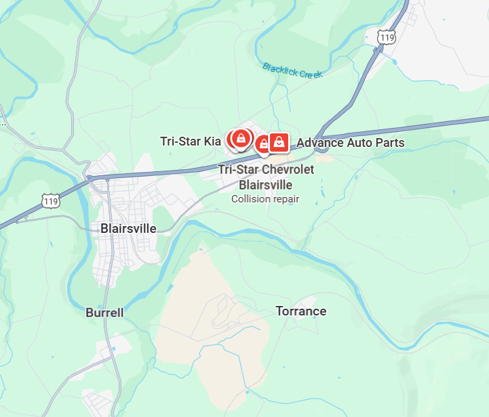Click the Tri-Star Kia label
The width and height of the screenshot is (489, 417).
pos(191,141)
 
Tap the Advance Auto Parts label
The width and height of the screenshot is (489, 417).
pos(351,143)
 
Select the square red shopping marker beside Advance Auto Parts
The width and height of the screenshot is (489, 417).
pos(278,142)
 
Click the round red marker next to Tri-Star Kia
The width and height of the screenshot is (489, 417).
pos(239,139)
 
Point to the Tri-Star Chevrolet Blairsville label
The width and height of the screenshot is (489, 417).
pos(266,177)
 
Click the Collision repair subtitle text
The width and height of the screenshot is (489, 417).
pos(265,199)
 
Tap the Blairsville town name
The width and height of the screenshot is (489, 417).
pos(128,228)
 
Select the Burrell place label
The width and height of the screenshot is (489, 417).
pos(105,313)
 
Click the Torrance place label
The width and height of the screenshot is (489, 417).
pos(300,311)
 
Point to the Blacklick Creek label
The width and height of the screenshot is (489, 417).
pos(292,70)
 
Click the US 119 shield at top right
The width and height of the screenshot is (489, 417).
pos(387,38)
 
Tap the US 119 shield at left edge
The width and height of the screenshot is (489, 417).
pos(50,200)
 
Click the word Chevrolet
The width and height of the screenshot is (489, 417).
pos(285,169)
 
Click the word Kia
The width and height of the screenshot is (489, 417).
pos(212,141)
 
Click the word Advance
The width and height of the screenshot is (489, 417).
pos(321,143)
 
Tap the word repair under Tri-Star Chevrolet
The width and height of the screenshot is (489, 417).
pos(286,199)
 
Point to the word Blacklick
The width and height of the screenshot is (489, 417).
pos(279,68)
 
